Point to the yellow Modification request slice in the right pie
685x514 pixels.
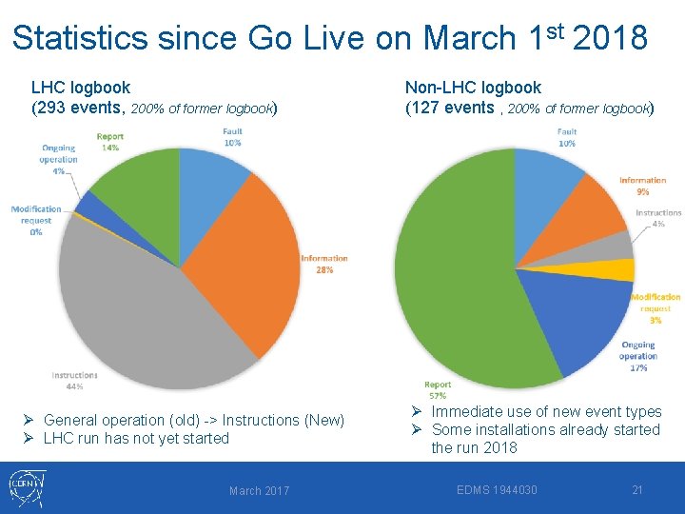point(621,269)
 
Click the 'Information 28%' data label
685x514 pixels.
point(324,264)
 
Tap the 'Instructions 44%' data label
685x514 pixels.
point(75,381)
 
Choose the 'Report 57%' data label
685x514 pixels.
point(438,390)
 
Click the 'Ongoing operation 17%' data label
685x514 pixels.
point(637,356)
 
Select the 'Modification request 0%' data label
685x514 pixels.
point(36,220)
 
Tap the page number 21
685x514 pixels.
point(637,490)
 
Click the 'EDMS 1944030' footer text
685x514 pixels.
point(497,490)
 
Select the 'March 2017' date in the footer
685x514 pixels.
point(259,491)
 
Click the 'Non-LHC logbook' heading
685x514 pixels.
point(473,88)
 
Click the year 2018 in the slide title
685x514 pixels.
point(611,38)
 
